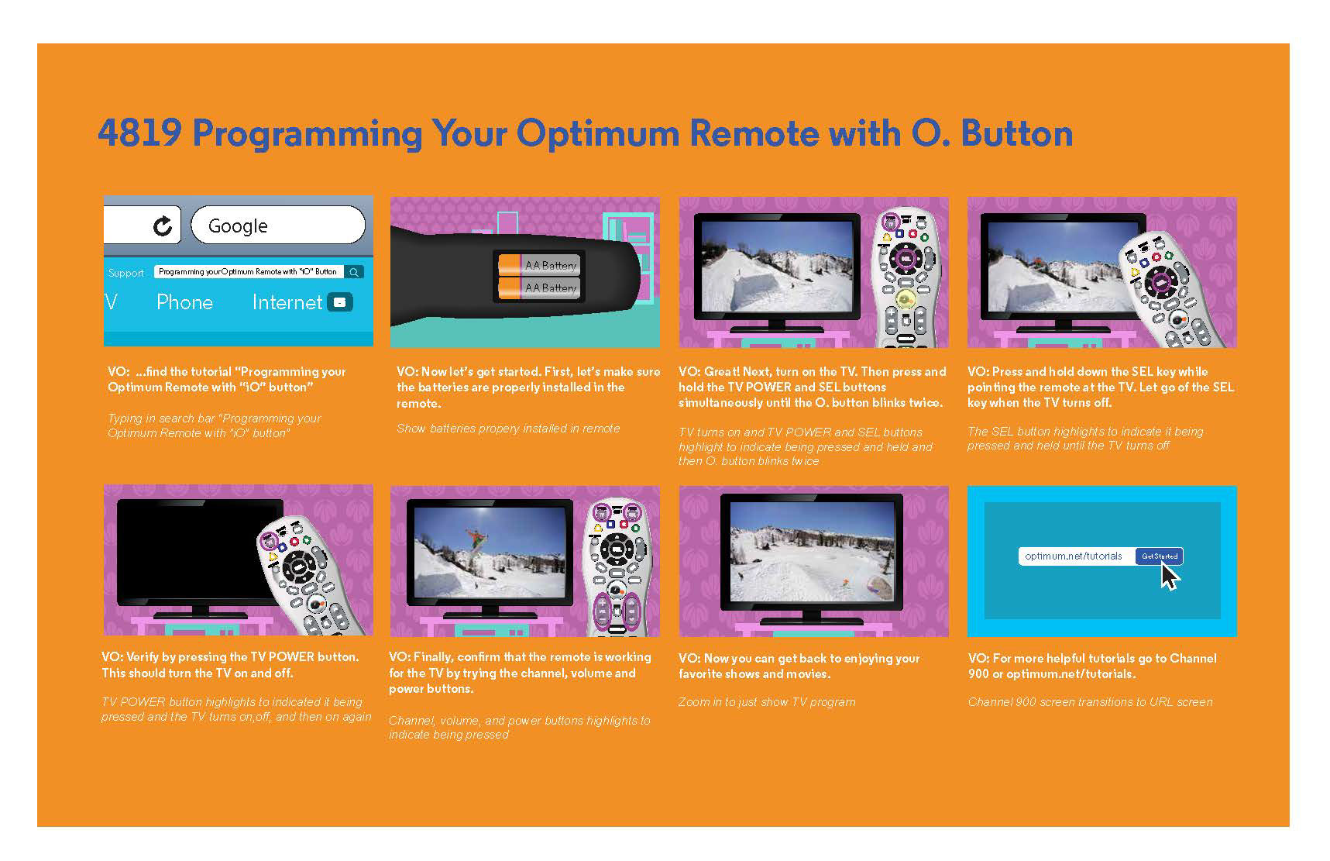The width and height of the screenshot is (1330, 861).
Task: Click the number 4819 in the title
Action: click(x=139, y=133)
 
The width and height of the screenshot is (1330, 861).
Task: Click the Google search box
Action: click(x=278, y=225)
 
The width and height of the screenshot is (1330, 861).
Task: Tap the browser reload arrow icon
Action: click(x=163, y=226)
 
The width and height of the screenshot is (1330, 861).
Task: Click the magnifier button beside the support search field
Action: click(x=354, y=272)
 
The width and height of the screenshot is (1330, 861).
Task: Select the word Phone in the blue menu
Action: click(x=184, y=302)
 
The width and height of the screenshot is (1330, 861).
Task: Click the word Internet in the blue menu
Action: click(x=287, y=302)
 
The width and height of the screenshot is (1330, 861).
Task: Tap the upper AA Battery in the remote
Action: click(x=538, y=265)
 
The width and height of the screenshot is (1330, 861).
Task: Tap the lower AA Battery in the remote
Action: click(x=538, y=288)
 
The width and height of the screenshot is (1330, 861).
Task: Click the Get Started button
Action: click(x=1160, y=556)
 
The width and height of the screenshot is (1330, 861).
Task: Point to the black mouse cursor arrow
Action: click(x=1168, y=577)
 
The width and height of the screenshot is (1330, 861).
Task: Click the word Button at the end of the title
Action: click(x=1017, y=133)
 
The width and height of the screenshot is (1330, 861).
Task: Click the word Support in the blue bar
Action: click(x=126, y=273)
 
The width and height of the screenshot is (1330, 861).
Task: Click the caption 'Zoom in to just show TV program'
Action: click(x=767, y=702)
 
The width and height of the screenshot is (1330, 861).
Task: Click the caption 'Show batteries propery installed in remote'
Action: click(x=508, y=428)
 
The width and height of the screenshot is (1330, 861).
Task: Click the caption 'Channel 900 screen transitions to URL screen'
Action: click(x=1090, y=702)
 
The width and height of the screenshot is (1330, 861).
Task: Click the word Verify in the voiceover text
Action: click(x=143, y=657)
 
